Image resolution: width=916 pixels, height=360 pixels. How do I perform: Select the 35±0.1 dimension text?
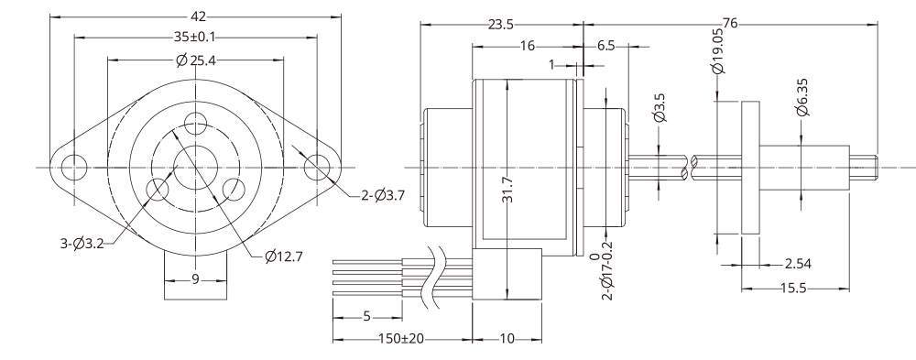pos(195,38)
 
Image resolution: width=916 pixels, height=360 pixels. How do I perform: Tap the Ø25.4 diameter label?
pos(195,60)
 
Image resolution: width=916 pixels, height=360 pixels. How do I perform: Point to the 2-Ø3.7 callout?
pos(382,194)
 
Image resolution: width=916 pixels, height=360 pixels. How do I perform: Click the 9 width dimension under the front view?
pos(195,279)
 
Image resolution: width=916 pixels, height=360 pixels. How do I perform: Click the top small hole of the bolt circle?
pos(195,122)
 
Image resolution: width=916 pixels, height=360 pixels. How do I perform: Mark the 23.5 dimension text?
pos(500,25)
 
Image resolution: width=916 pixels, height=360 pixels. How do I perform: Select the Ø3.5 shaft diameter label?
pos(659,107)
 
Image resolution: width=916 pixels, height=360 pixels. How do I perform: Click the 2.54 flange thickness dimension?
pos(797,265)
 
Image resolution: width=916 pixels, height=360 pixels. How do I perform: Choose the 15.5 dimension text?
pos(794,288)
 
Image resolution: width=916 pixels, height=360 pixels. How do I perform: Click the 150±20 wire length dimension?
pos(401,339)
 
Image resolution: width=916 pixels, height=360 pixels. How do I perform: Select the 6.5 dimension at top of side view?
pos(605,45)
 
